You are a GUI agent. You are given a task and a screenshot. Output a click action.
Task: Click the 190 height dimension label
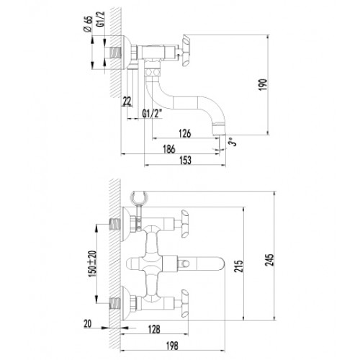pyautogui.click(x=264, y=84)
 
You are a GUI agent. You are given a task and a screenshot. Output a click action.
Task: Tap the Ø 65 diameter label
pyautogui.click(x=88, y=24)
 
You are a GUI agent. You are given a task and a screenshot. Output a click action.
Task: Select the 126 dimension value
pyautogui.click(x=185, y=133)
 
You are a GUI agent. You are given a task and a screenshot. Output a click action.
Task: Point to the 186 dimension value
pyautogui.click(x=169, y=149)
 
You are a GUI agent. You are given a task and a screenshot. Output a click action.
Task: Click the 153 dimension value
pyautogui.click(x=186, y=160)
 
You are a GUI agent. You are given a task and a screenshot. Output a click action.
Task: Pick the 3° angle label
pyautogui.click(x=233, y=142)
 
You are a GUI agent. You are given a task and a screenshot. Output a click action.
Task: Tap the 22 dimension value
pyautogui.click(x=127, y=102)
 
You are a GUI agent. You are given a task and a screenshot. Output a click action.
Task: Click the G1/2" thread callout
pyautogui.click(x=153, y=113)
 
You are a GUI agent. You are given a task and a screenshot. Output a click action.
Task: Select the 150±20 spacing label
pyautogui.click(x=92, y=264)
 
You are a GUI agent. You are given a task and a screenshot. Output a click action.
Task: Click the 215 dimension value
pyautogui.click(x=239, y=266)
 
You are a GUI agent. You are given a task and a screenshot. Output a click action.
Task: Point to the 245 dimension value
pyautogui.click(x=270, y=260)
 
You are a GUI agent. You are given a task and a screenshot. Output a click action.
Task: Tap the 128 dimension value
pyautogui.click(x=154, y=329)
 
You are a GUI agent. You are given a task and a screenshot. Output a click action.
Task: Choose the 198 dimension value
pyautogui.click(x=172, y=346)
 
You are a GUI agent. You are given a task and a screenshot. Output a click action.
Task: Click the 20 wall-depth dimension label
pyautogui.click(x=88, y=324)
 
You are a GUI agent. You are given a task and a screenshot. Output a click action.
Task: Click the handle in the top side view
pyautogui.click(x=186, y=50)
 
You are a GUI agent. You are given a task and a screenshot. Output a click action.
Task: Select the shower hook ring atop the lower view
pyautogui.click(x=138, y=197)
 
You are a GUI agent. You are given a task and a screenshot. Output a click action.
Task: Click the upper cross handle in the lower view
pyautogui.click(x=184, y=224)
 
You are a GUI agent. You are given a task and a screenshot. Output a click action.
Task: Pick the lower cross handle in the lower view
pyautogui.click(x=184, y=304)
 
